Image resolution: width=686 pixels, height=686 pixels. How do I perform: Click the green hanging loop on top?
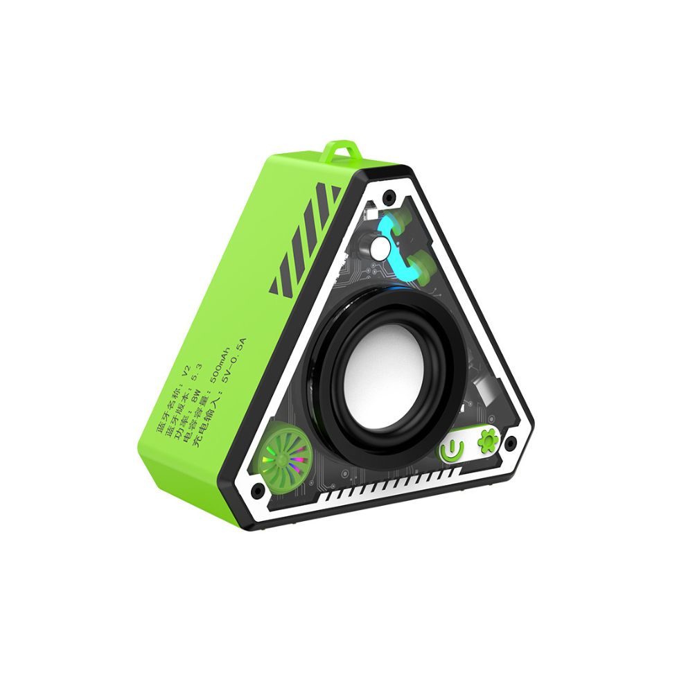click(342, 150)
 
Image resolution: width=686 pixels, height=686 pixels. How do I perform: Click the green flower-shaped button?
click(488, 442)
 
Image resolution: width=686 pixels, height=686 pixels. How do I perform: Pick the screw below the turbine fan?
click(258, 491)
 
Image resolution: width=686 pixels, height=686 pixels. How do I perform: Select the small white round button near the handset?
click(380, 248)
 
